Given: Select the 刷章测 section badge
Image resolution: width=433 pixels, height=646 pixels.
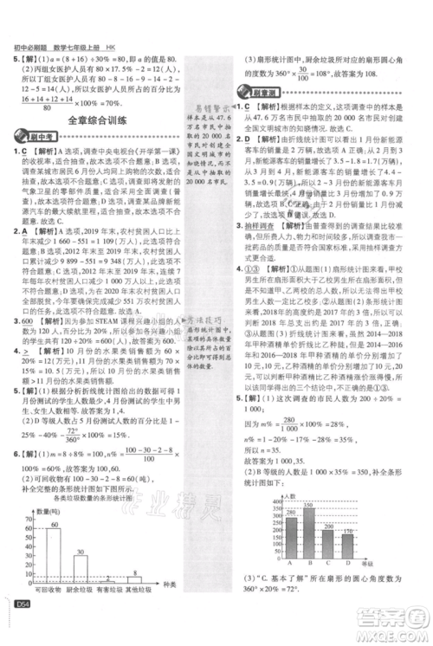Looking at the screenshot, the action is pyautogui.click(x=252, y=94).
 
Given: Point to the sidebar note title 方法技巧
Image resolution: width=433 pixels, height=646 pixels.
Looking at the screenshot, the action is pyautogui.click(x=210, y=322).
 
